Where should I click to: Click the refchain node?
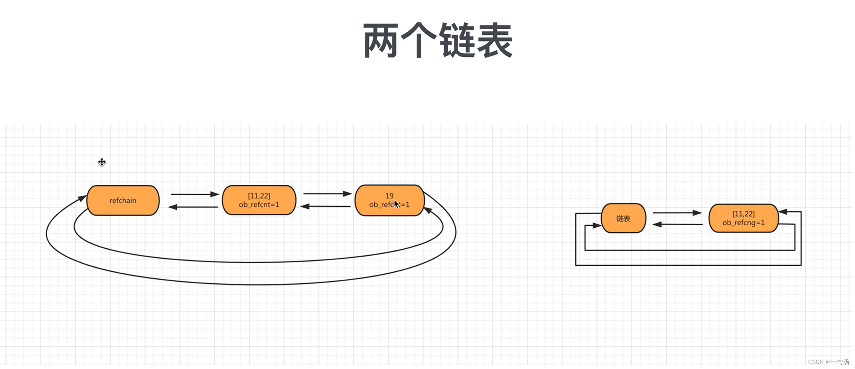pos(123,201)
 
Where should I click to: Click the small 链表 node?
pos(623,219)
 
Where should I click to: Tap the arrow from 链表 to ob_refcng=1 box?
pos(677,213)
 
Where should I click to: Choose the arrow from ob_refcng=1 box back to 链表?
pos(677,224)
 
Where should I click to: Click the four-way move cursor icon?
pos(102,162)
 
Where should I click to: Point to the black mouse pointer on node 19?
pos(396,204)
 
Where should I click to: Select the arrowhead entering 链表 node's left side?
pos(596,225)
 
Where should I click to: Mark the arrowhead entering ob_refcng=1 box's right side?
pos(783,212)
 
